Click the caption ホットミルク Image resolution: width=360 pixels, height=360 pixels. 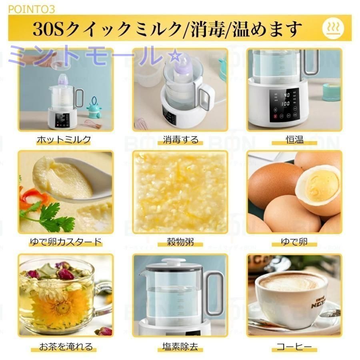pyautogui.click(x=64, y=140)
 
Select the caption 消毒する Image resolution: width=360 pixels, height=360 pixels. pyautogui.click(x=180, y=140)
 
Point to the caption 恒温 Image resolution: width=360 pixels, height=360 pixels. pyautogui.click(x=295, y=140)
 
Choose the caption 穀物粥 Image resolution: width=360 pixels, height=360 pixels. pyautogui.click(x=180, y=242)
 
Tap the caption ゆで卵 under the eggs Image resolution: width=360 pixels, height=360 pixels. pyautogui.click(x=295, y=242)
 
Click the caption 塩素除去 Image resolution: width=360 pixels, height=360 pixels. pyautogui.click(x=180, y=346)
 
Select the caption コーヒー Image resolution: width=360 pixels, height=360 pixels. pyautogui.click(x=295, y=346)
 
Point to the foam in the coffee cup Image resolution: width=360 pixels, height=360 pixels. pyautogui.click(x=291, y=282)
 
